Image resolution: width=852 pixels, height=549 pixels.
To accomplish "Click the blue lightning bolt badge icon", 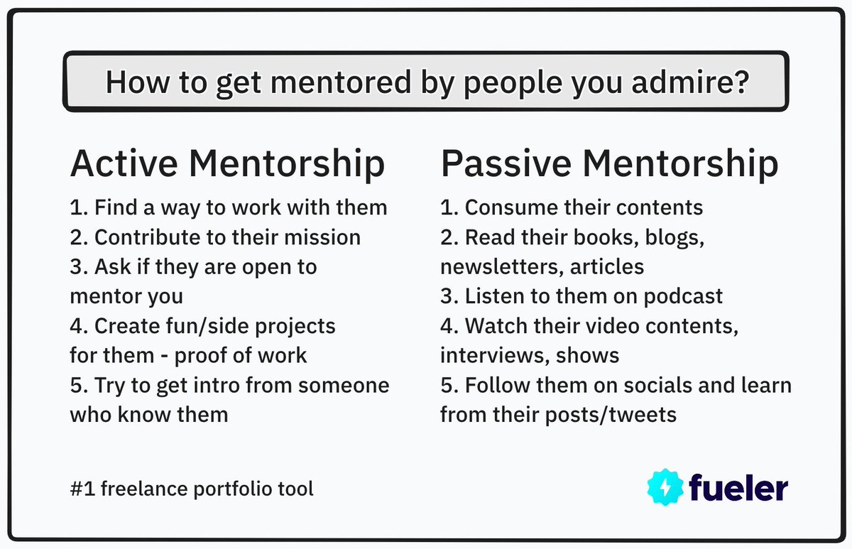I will coord(665,487).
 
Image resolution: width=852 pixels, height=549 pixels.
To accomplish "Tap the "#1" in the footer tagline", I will coord(80,489).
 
